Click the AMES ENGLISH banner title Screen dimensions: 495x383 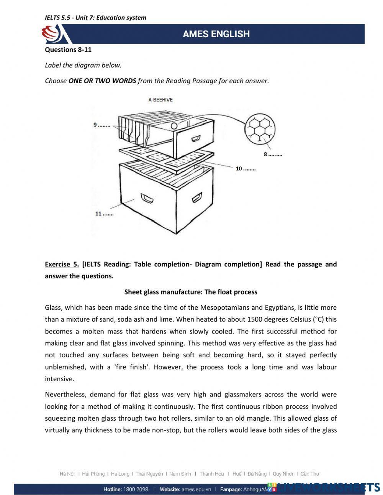click(216, 34)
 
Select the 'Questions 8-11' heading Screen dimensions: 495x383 click(68, 49)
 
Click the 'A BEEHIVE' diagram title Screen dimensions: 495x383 click(160, 100)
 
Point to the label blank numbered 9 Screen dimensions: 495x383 click(102, 125)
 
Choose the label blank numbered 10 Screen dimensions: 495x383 click(246, 168)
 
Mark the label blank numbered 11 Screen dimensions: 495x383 click(104, 214)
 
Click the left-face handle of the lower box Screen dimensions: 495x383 click(147, 198)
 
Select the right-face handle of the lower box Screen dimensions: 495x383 click(197, 197)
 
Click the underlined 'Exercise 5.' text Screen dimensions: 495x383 click(62, 264)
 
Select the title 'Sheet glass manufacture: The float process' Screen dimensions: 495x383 click(191, 292)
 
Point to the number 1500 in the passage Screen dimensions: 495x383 click(255, 319)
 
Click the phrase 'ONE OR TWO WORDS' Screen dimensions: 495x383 click(102, 81)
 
